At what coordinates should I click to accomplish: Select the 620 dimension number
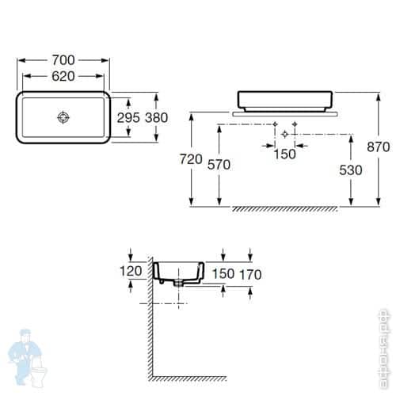(x=64, y=78)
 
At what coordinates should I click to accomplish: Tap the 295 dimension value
(x=128, y=117)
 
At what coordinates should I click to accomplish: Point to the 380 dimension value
(x=157, y=117)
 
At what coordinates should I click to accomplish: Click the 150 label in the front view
(x=284, y=154)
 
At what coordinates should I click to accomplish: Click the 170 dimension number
(x=249, y=274)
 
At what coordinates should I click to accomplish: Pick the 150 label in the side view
(x=223, y=274)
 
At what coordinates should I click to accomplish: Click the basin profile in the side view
(x=180, y=271)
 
